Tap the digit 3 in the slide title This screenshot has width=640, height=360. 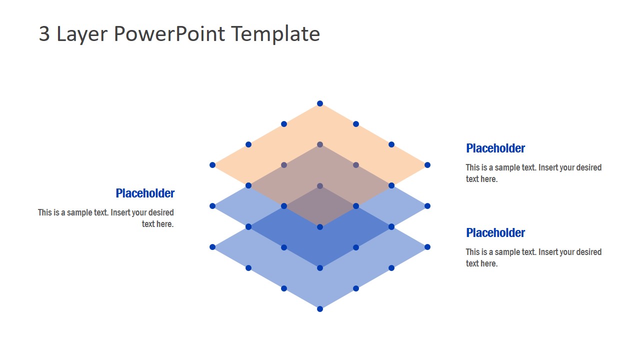click(44, 34)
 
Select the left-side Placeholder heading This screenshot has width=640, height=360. click(145, 193)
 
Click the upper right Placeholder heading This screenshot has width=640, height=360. click(495, 148)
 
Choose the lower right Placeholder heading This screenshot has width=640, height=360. click(495, 233)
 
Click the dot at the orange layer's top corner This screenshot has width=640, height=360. click(320, 104)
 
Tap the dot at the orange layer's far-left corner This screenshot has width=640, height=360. click(212, 165)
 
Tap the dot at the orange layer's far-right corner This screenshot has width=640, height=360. click(427, 165)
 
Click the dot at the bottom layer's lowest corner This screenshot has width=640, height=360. click(320, 309)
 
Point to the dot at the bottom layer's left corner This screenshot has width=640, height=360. click(212, 247)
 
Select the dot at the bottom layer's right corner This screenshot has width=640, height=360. click(427, 247)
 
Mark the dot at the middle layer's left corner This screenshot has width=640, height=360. click(212, 206)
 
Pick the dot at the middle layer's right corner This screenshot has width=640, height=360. click(427, 206)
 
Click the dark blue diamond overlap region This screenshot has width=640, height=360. click(320, 245)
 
